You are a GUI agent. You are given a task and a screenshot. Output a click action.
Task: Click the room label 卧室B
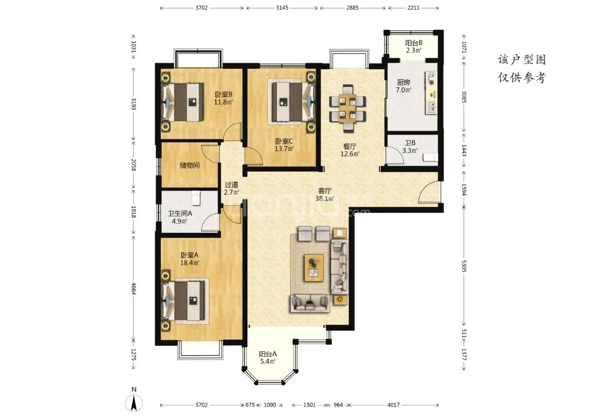[223, 94]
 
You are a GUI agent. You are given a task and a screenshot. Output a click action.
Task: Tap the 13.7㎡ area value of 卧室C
[284, 149]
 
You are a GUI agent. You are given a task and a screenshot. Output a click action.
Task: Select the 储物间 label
[190, 165]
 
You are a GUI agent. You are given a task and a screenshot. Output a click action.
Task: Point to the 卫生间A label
[180, 213]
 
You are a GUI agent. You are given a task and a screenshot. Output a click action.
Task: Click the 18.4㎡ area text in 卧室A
[190, 263]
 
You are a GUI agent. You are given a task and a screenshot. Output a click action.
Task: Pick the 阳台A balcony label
[268, 354]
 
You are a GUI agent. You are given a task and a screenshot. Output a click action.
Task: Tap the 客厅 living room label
[325, 191]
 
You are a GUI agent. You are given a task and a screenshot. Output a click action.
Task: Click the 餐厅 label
[350, 147]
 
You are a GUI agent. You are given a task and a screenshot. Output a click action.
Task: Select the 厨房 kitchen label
[403, 82]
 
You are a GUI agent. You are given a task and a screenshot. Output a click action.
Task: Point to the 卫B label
[410, 143]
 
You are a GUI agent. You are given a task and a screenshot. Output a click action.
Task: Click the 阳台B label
[413, 43]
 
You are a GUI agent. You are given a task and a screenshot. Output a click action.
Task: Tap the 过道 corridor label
[232, 184]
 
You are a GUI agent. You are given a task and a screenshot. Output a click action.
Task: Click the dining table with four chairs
[348, 108]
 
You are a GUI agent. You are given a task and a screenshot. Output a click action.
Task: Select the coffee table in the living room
[314, 267]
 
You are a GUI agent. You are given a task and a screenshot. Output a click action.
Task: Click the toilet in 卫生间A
[196, 198]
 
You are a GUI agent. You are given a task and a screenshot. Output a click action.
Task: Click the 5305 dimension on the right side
[464, 266]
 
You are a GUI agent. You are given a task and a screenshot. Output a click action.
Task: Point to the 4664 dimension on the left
[133, 288]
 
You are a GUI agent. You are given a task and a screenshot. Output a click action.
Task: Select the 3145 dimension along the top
[282, 8]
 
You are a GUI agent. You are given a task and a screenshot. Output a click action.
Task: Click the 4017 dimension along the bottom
[393, 404]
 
